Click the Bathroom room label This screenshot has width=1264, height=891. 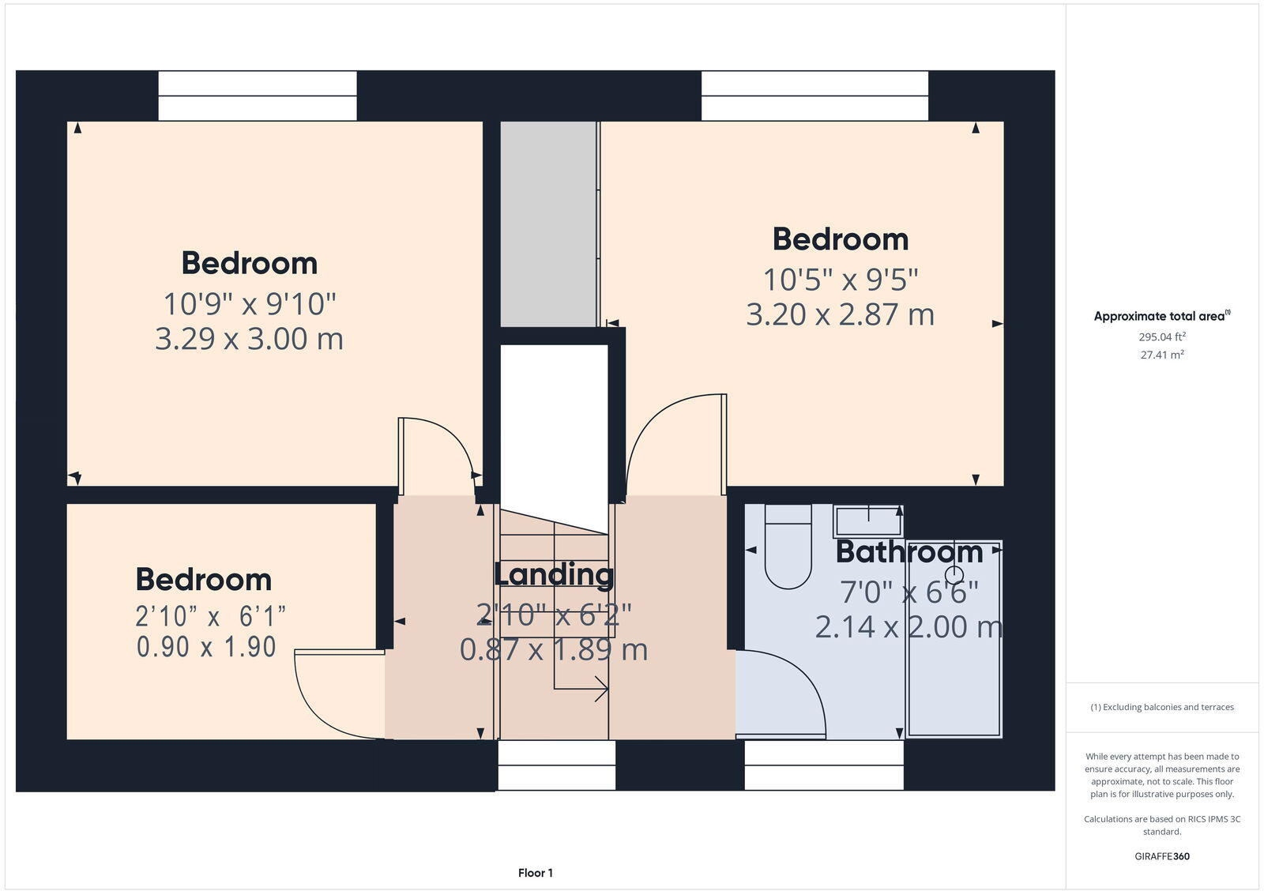pyautogui.click(x=908, y=552)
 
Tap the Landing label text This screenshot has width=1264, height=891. pyautogui.click(x=553, y=574)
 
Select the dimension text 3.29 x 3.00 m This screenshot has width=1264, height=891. pyautogui.click(x=249, y=339)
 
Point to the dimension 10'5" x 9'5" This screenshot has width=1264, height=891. pyautogui.click(x=840, y=280)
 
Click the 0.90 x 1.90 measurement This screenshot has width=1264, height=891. pyautogui.click(x=206, y=647)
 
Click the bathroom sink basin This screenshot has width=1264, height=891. pyautogui.click(x=868, y=521)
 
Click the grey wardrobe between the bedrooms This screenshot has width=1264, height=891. pyautogui.click(x=549, y=224)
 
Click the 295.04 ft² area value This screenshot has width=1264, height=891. pyautogui.click(x=1161, y=336)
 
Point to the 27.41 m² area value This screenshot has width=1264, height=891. pyautogui.click(x=1161, y=355)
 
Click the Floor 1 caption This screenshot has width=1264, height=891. pyautogui.click(x=536, y=873)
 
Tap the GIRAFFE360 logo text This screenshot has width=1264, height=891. pyautogui.click(x=1161, y=856)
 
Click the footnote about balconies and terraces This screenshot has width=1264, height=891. pyautogui.click(x=1161, y=707)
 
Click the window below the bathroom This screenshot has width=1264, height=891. pyautogui.click(x=823, y=765)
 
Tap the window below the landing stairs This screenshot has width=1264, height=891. pyautogui.click(x=556, y=765)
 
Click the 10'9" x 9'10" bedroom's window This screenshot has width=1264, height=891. pyautogui.click(x=257, y=96)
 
